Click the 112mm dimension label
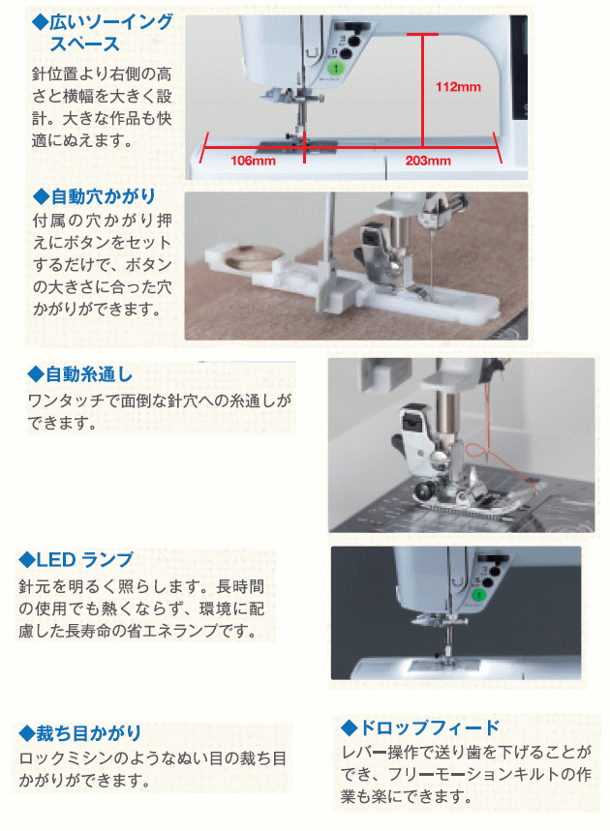(458, 87)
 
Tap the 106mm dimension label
(253, 161)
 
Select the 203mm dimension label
(428, 161)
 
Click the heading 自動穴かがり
(103, 196)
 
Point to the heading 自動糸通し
(89, 374)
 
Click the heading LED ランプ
(85, 560)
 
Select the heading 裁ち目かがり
(88, 733)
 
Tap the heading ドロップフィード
(430, 727)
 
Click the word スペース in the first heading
(85, 44)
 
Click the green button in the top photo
(336, 68)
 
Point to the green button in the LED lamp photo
(479, 595)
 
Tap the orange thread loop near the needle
(476, 453)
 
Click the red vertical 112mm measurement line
(423, 90)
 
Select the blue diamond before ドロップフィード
(349, 727)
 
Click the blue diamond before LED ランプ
(26, 560)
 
